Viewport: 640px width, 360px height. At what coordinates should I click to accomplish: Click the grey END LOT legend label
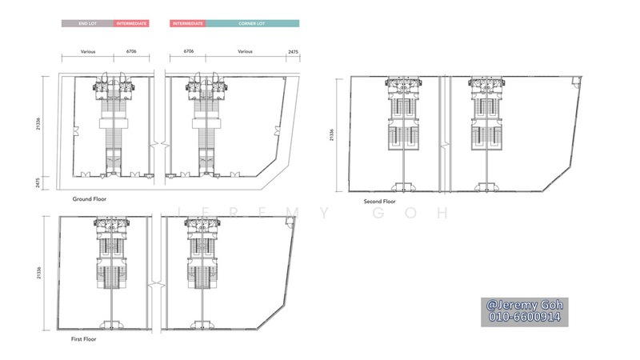87,24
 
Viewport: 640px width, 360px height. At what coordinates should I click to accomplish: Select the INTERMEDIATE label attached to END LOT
131,24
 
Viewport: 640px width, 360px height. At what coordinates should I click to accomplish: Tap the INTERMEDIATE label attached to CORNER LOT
188,24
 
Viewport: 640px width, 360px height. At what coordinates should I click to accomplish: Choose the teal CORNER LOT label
252,24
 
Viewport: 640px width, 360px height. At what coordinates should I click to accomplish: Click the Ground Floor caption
90,199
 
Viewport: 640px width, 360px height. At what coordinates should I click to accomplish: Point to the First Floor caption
84,339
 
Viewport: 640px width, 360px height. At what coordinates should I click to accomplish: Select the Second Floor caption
379,202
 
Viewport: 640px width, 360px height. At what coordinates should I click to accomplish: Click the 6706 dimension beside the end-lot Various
131,51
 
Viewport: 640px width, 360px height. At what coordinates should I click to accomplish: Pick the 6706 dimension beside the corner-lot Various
189,51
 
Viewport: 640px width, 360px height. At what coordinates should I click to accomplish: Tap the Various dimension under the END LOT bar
88,52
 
